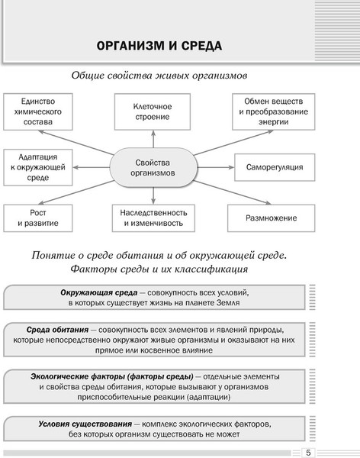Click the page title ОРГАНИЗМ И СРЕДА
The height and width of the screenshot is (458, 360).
160,46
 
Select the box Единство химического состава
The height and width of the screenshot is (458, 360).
37,111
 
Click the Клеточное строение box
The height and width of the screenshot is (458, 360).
153,111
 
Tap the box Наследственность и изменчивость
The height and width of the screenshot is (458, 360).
153,219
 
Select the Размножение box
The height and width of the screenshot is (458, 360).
271,219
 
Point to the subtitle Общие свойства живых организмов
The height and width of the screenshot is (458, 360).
160,76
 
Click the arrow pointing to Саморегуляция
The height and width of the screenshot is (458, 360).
214,167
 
